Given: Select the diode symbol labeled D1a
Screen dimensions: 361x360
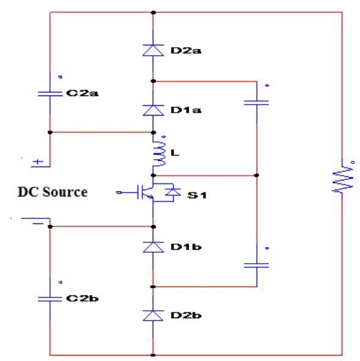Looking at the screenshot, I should pos(153,110).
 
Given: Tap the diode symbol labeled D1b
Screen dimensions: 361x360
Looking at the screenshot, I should pos(153,246).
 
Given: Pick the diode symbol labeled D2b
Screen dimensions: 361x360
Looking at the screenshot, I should pos(153,315).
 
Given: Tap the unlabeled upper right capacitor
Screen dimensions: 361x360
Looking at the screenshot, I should pos(256,103).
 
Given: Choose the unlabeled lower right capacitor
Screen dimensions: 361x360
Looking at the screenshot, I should pos(256,265).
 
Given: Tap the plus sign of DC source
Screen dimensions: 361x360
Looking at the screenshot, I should pos(38,163).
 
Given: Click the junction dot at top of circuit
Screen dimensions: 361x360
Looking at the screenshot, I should pos(153,12).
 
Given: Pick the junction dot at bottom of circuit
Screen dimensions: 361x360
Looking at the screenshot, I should pos(153,354).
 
